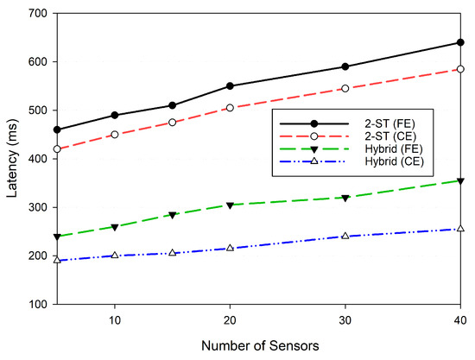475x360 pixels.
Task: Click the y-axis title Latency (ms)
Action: pos(11,160)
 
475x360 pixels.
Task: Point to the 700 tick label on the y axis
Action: pos(35,14)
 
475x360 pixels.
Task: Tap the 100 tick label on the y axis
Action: pos(35,305)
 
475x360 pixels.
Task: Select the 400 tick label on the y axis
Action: pos(35,160)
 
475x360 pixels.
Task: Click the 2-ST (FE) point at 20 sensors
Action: pos(231,86)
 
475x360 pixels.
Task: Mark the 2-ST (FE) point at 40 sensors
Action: pos(460,42)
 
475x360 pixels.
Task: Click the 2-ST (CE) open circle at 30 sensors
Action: pos(345,89)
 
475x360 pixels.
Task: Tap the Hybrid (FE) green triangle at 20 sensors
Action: pos(231,205)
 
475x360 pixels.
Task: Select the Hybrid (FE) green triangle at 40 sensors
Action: pos(460,181)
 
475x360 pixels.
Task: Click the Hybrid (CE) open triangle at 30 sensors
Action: pos(345,236)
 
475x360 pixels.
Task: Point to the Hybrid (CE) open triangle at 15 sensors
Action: pos(173,253)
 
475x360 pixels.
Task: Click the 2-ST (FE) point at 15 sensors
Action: pos(173,105)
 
